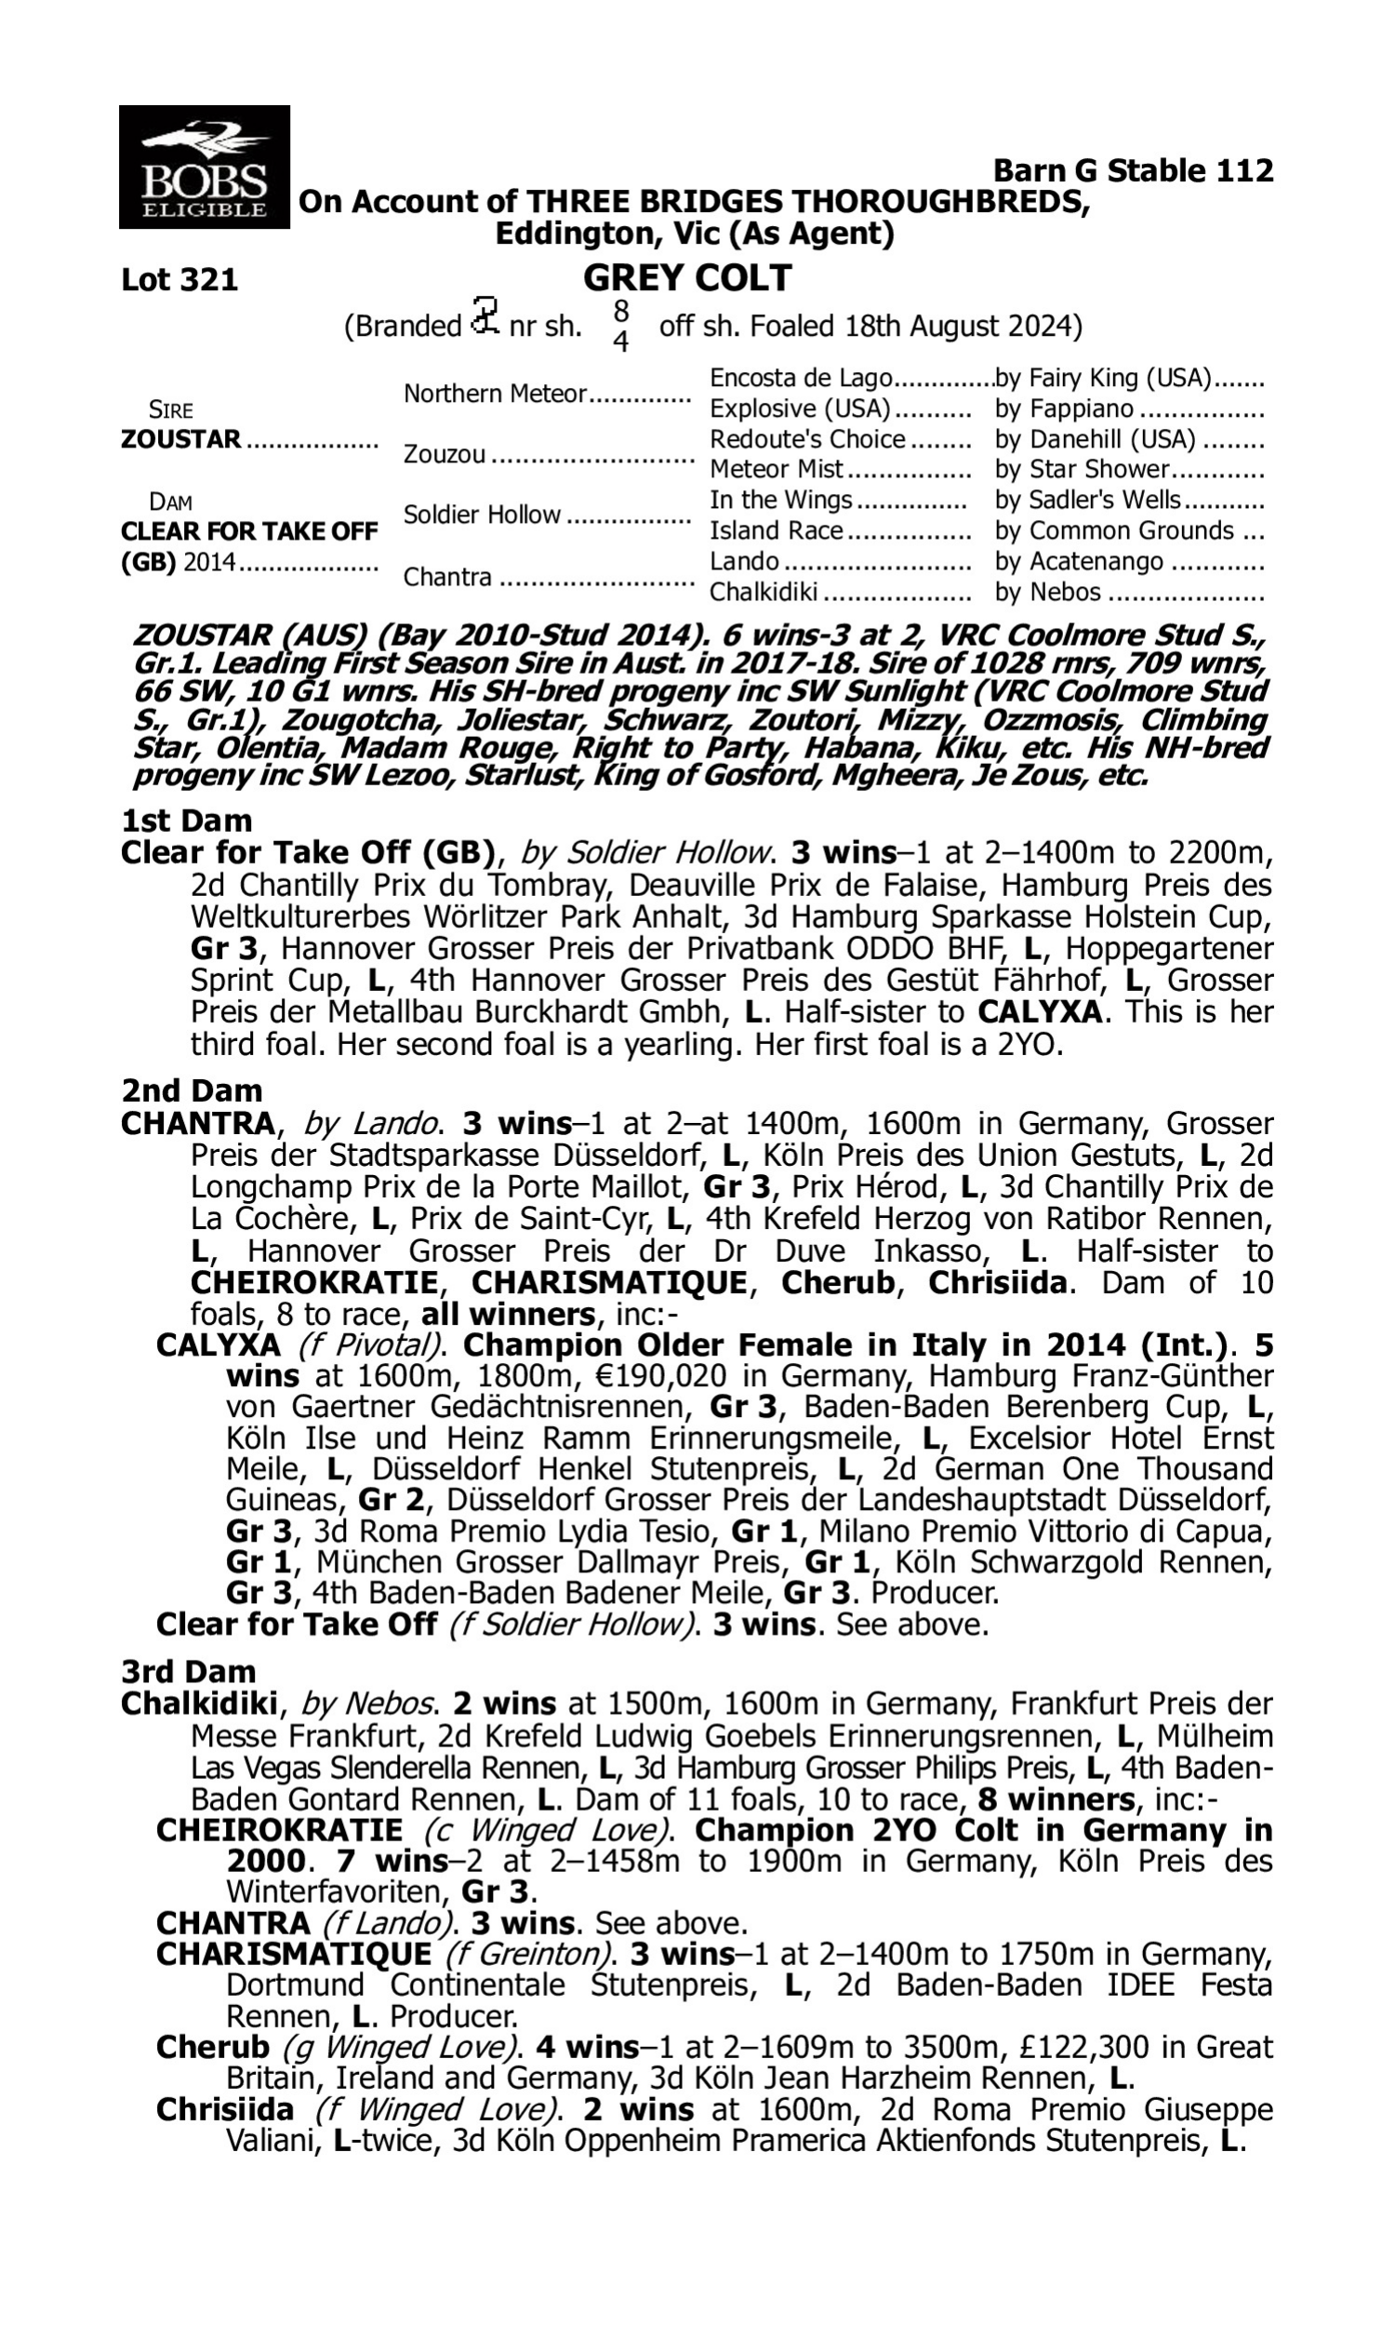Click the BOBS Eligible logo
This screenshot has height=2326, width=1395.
[204, 167]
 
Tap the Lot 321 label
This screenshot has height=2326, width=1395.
[179, 280]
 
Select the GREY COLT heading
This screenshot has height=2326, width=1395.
[687, 278]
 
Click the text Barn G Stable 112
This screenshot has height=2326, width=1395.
[1133, 171]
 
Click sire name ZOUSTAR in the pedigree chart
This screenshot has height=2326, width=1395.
[180, 439]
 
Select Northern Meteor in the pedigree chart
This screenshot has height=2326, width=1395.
[495, 394]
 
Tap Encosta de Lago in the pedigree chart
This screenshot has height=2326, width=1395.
[800, 378]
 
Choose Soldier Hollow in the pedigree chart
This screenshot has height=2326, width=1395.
[482, 515]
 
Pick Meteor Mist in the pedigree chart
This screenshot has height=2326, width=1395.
[777, 468]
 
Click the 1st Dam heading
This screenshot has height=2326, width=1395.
[186, 821]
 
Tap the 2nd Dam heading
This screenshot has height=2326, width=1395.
[191, 1090]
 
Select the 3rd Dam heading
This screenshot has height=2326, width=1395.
[188, 1672]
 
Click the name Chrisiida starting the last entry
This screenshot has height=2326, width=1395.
[225, 2110]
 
